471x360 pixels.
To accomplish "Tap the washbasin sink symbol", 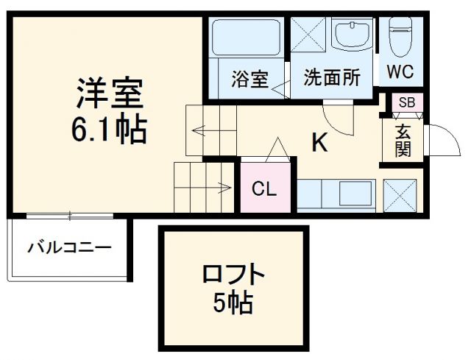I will [x=355, y=35].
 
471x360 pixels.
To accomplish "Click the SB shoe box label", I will [x=406, y=103].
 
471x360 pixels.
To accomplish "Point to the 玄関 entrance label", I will [x=404, y=140].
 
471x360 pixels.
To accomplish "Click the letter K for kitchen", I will [x=319, y=143].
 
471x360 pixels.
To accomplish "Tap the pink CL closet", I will [x=265, y=189].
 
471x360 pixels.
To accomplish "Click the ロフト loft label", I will [x=233, y=275].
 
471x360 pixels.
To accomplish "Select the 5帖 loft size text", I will [x=233, y=303].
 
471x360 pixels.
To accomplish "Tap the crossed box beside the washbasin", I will [x=310, y=35].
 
